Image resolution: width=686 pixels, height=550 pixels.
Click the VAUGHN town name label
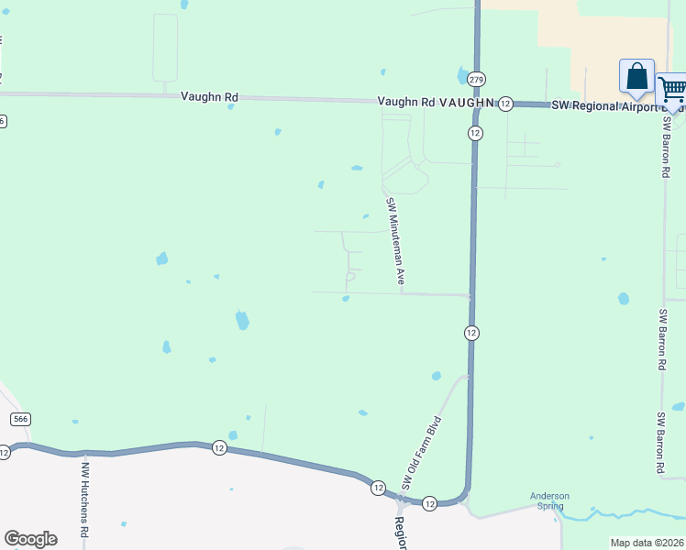[x=467, y=104]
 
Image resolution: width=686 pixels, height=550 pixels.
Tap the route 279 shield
[x=475, y=80]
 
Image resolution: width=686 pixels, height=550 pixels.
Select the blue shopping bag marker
[x=636, y=77]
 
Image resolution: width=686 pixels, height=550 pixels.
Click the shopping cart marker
[x=672, y=91]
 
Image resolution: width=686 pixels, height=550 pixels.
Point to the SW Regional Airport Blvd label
[x=605, y=106]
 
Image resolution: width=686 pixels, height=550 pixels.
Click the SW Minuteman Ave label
[x=394, y=241]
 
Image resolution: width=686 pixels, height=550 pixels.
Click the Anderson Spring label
[x=549, y=501]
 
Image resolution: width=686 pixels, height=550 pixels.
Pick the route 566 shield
[x=21, y=419]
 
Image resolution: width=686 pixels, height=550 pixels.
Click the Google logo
[x=30, y=539]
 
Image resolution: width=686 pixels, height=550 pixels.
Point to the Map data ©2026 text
[x=647, y=543]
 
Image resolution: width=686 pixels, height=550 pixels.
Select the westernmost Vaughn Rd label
[x=209, y=95]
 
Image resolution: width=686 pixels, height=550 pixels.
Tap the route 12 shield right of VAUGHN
[x=505, y=104]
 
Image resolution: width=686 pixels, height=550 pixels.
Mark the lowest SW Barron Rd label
[x=659, y=442]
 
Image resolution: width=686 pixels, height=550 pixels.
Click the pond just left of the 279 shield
[x=461, y=75]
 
